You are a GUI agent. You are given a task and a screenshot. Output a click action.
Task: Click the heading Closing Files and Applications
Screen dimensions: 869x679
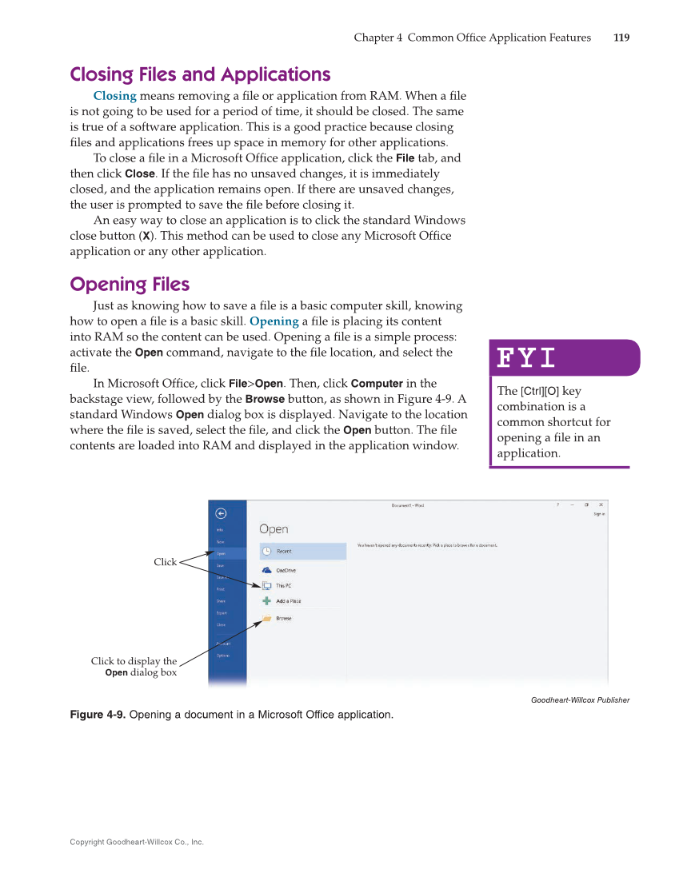pos(200,74)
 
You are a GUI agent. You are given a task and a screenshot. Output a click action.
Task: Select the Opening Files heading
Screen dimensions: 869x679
pos(130,285)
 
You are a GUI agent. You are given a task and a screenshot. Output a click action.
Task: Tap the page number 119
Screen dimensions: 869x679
pos(621,38)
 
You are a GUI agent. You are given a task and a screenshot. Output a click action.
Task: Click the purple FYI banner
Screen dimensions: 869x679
pos(564,357)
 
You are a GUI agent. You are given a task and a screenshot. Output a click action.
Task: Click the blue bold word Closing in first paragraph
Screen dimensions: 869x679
pos(114,96)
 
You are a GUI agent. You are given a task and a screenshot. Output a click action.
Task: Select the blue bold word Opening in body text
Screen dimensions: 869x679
pos(274,321)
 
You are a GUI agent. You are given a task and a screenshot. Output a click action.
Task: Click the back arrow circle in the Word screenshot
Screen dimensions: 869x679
pos(221,513)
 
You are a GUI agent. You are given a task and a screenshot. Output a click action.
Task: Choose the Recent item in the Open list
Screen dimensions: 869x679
pos(284,551)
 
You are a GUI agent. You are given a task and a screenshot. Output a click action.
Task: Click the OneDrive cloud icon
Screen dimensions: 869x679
pos(267,570)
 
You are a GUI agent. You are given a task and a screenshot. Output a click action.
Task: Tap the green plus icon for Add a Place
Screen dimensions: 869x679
pos(267,601)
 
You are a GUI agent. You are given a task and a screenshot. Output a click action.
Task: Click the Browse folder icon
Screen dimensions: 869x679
pos(267,618)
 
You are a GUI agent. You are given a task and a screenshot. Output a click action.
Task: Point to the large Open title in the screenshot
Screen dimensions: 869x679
pos(274,529)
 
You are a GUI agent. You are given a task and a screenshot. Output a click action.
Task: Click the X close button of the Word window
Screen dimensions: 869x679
pos(601,504)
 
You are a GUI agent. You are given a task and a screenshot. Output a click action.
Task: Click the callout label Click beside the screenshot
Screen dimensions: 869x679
pos(165,562)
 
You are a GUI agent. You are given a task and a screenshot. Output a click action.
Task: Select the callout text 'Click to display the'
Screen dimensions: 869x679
pos(134,661)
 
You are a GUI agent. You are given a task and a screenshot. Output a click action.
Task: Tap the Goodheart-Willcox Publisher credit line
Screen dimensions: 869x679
pos(580,700)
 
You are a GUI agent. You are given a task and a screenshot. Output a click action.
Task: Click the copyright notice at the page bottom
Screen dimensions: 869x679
pos(137,842)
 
